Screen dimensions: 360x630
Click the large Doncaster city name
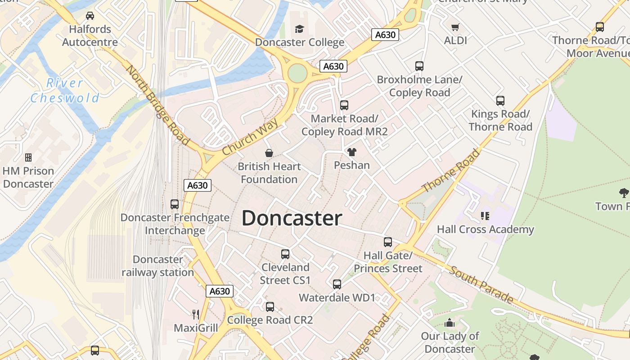[292, 218]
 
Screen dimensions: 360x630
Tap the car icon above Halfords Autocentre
[90, 16]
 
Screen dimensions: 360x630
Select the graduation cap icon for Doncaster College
[299, 29]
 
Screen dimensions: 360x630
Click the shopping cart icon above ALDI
[455, 27]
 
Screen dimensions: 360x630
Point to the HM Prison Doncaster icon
[28, 157]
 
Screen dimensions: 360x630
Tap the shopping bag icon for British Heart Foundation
[269, 153]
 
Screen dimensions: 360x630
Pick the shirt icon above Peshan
[352, 152]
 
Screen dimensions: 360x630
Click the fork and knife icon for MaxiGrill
[196, 314]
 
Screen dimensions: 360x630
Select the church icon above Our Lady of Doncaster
[450, 323]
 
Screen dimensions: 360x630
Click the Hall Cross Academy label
[485, 229]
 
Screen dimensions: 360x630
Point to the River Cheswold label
[65, 90]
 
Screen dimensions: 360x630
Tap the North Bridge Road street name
[157, 105]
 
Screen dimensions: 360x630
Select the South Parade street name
[481, 284]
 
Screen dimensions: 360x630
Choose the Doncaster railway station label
[158, 266]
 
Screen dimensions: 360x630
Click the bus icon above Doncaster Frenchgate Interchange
[175, 204]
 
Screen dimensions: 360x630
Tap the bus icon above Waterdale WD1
[337, 284]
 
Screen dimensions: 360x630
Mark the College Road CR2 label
[270, 320]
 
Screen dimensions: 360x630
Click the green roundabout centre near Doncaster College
[297, 73]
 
